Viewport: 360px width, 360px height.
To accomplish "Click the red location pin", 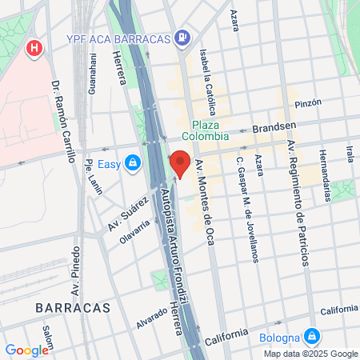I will [181, 163].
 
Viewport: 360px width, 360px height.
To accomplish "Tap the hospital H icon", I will [34, 49].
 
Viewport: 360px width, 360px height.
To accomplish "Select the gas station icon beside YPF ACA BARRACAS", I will [183, 37].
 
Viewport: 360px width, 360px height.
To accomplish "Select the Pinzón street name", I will [307, 102].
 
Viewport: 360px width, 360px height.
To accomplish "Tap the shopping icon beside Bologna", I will [312, 337].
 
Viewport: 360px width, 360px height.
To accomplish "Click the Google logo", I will [26, 350].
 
